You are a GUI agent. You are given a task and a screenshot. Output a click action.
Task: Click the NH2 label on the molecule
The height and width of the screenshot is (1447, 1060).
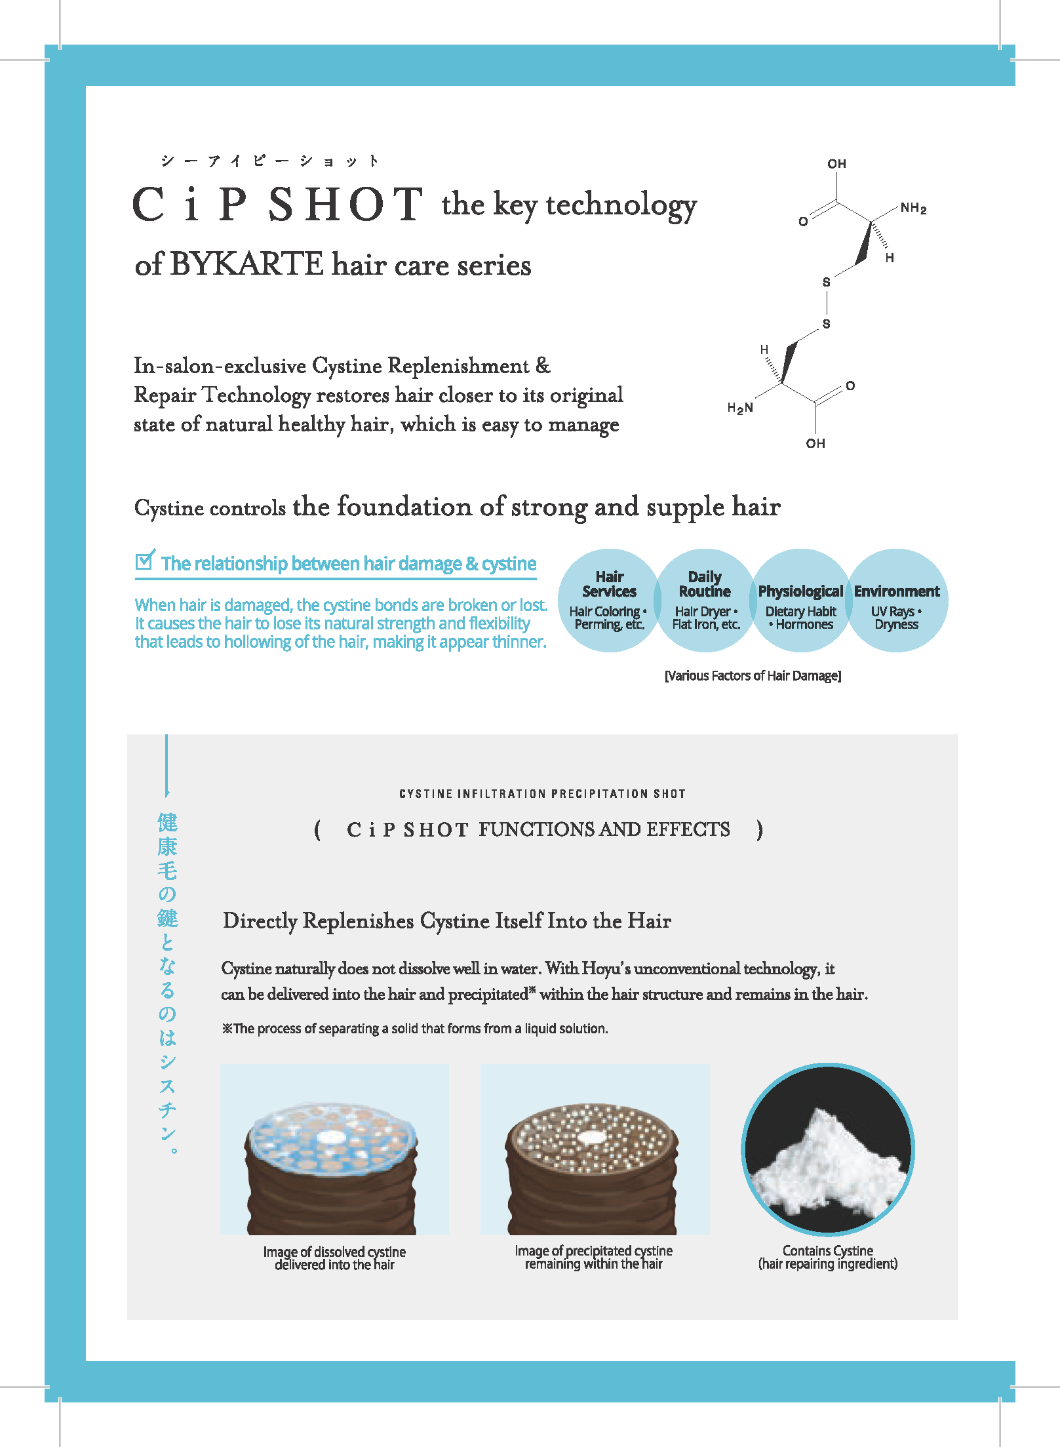[913, 208]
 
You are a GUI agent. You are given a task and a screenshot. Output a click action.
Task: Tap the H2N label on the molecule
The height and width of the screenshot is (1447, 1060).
[740, 408]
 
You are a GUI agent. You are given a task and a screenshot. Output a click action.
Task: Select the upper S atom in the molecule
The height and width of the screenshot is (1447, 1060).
[826, 282]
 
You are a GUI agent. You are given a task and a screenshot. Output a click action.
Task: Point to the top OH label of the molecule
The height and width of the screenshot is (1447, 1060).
[836, 164]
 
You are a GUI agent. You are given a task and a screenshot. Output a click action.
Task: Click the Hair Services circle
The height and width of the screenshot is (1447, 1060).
[609, 601]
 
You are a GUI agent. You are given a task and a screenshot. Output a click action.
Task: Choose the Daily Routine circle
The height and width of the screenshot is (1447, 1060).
[705, 601]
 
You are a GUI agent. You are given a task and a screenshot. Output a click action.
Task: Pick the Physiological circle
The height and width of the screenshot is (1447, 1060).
[800, 601]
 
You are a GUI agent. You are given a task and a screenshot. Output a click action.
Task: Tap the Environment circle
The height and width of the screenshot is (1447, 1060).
[897, 601]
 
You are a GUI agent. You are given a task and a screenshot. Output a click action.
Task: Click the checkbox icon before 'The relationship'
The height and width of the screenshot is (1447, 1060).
[145, 560]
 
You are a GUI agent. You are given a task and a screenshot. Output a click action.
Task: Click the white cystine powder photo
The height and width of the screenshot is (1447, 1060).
[828, 1150]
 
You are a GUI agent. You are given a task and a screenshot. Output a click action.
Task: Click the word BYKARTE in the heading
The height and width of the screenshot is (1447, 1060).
[246, 265]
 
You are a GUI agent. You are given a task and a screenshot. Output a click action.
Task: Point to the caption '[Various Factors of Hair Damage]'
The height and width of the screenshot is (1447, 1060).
[753, 676]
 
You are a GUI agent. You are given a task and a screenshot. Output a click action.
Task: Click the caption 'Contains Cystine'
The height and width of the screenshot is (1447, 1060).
[827, 1250]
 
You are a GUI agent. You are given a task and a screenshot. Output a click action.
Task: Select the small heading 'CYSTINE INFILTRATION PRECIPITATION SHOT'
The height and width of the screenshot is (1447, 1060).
[542, 794]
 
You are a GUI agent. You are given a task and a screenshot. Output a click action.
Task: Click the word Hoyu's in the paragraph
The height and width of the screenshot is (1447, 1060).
[606, 969]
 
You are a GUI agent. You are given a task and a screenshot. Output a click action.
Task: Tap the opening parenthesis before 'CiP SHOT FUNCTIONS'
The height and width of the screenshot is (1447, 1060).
[318, 830]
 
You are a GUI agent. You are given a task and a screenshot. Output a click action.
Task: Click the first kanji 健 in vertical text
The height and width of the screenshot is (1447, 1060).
[167, 822]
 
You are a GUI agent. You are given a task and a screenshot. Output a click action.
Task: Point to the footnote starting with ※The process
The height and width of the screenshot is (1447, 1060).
[414, 1029]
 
